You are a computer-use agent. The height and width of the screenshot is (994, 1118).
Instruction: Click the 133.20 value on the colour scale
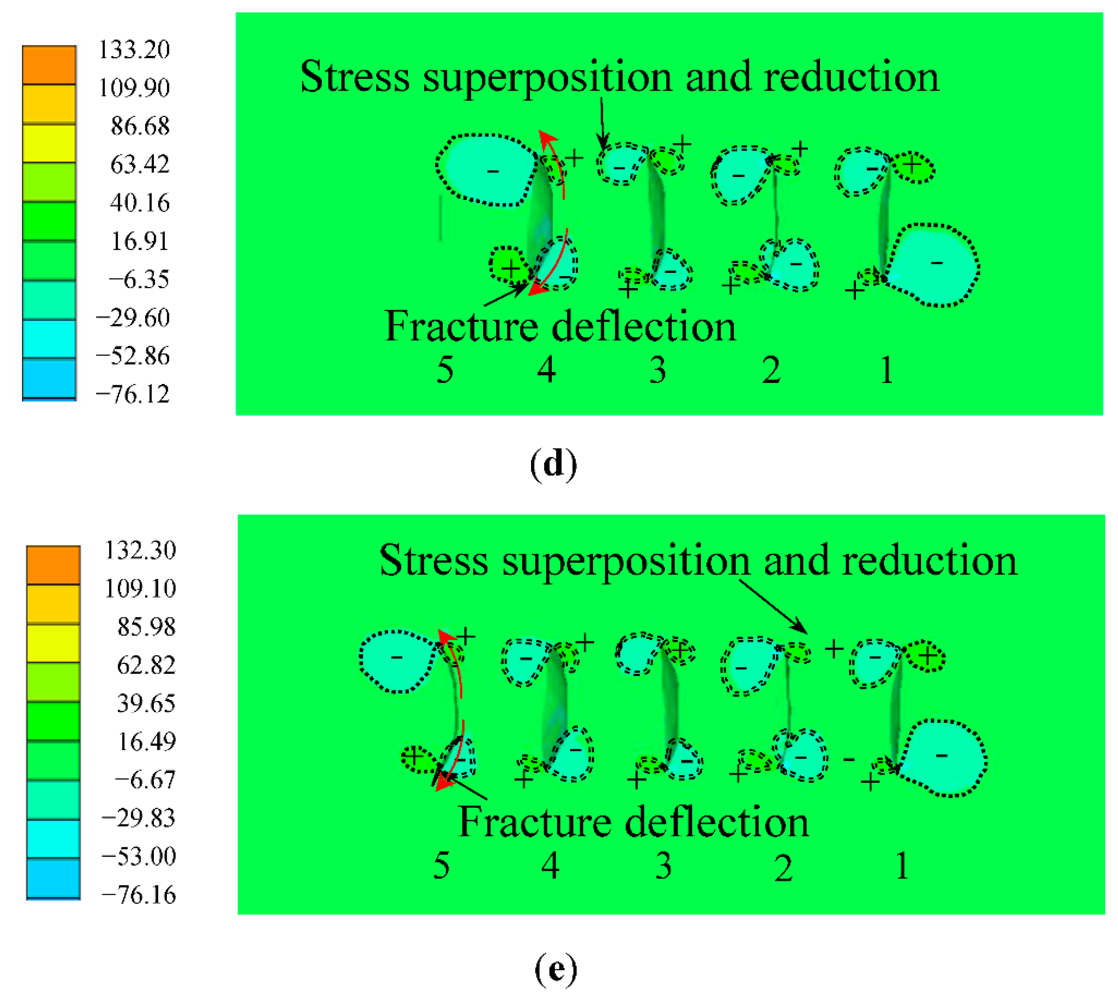133,50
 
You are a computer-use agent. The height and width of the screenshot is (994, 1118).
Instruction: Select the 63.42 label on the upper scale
139,164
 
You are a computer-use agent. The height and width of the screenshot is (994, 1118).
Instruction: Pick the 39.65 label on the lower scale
146,703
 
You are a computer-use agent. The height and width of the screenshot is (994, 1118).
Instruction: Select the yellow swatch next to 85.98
53,642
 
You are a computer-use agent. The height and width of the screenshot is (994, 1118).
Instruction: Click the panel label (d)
553,464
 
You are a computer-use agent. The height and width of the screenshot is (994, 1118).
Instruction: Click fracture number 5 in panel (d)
445,370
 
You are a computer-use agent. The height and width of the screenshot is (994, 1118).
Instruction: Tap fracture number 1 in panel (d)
887,370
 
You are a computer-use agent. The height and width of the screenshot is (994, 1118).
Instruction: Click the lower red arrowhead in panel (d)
537,290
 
